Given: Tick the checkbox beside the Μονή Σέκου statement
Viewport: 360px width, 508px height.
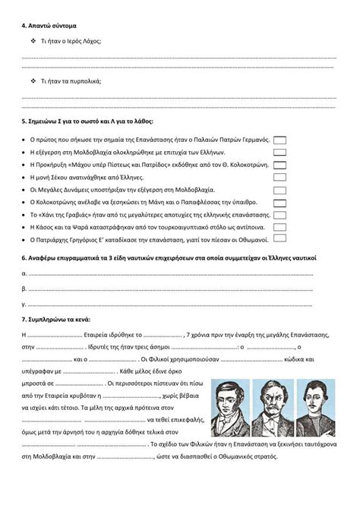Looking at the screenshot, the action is click(279, 177).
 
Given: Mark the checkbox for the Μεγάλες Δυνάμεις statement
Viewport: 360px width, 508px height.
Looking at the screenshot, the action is click(279, 189).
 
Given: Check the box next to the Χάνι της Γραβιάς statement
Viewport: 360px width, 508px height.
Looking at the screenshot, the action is click(279, 215).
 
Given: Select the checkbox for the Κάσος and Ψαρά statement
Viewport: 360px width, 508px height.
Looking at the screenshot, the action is click(279, 227).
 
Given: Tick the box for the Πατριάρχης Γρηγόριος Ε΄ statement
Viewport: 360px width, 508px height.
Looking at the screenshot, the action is click(279, 239).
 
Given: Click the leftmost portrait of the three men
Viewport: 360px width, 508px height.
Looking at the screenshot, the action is click(231, 407).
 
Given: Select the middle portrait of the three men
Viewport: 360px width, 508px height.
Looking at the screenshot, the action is click(273, 407).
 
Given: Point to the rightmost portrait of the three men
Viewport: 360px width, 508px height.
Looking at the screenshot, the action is click(315, 407).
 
